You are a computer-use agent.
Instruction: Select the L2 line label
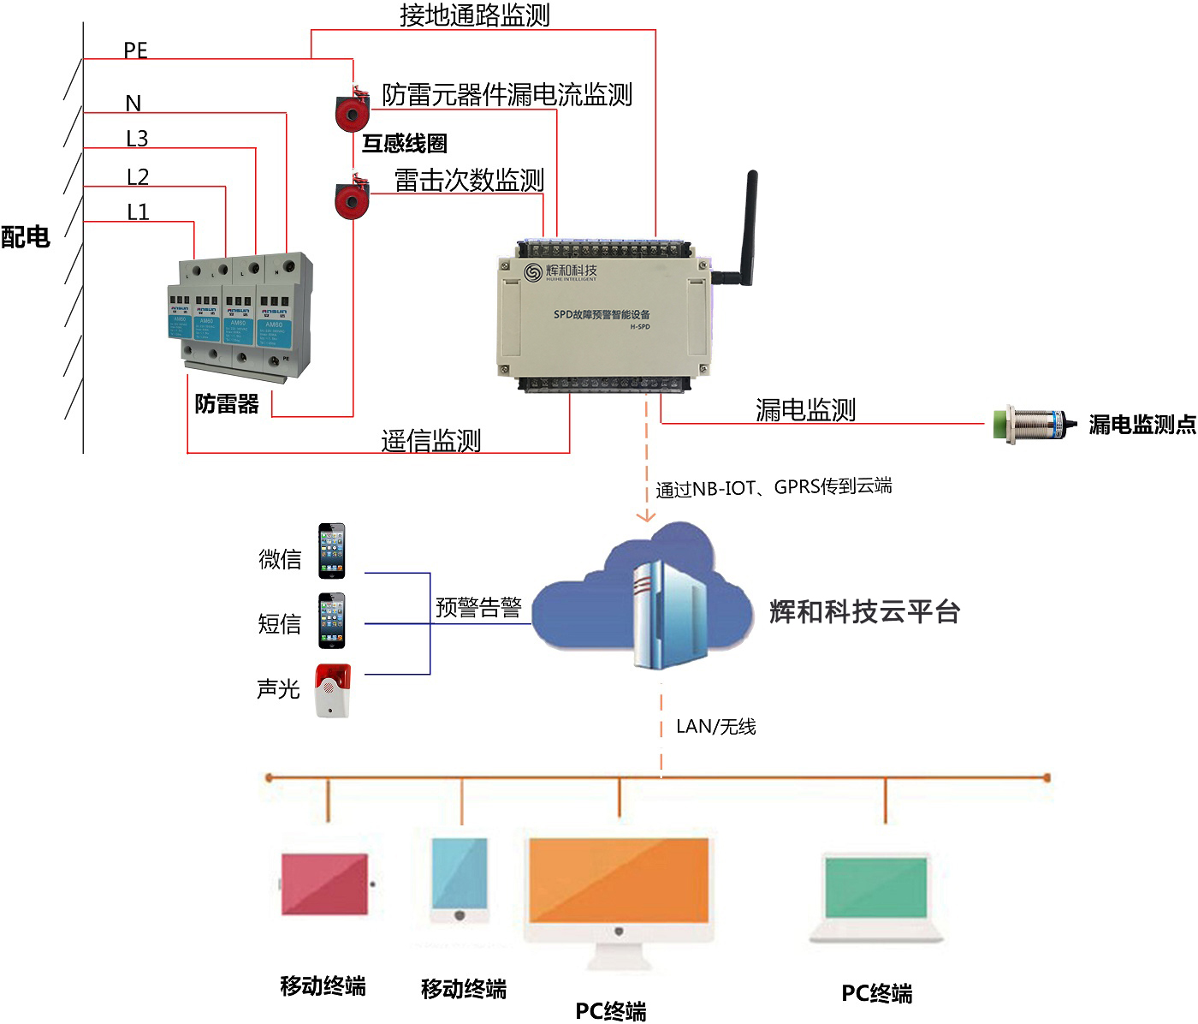[x=137, y=176]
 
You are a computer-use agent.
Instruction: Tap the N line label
[x=133, y=104]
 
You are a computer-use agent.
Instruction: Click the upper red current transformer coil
[x=351, y=112]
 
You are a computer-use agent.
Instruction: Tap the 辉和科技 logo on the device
[x=561, y=272]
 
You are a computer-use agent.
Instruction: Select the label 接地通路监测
[x=474, y=15]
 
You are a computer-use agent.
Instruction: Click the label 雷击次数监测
[x=469, y=180]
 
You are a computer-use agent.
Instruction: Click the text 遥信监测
[x=430, y=440]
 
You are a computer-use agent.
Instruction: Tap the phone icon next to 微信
[x=332, y=551]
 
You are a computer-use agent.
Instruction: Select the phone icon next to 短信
[x=332, y=621]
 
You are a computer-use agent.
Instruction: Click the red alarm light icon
[x=332, y=690]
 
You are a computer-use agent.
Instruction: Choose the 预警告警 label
[x=478, y=607]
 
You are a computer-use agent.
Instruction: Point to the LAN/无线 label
[x=715, y=726]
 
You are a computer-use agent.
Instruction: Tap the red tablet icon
[x=325, y=882]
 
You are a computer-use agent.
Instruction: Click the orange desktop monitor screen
[x=619, y=880]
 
